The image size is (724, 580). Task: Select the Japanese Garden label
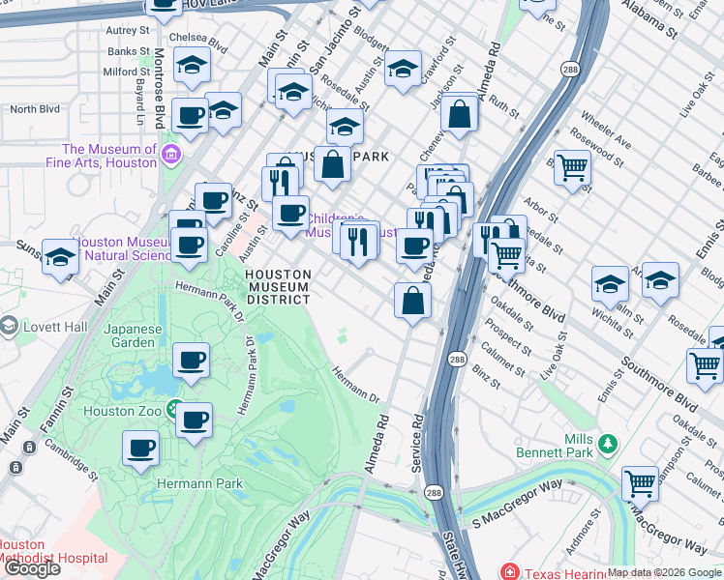(135, 335)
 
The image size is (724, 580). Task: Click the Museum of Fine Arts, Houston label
(109, 156)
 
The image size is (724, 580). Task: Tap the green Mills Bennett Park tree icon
(608, 444)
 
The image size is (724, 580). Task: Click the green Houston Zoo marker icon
(174, 410)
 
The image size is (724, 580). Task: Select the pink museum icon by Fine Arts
(171, 154)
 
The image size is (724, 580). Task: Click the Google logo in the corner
(32, 568)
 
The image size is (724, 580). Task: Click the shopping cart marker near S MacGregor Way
(640, 481)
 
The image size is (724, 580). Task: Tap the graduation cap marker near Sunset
(61, 257)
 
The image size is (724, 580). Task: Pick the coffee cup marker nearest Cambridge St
(140, 448)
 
